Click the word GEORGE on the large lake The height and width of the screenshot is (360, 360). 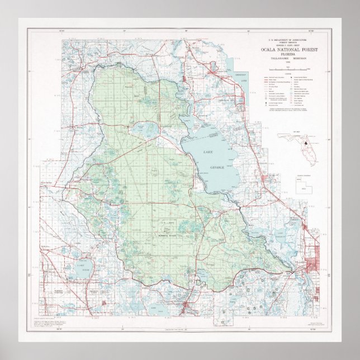click(x=217, y=167)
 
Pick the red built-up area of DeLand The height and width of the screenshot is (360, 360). click(x=311, y=263)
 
